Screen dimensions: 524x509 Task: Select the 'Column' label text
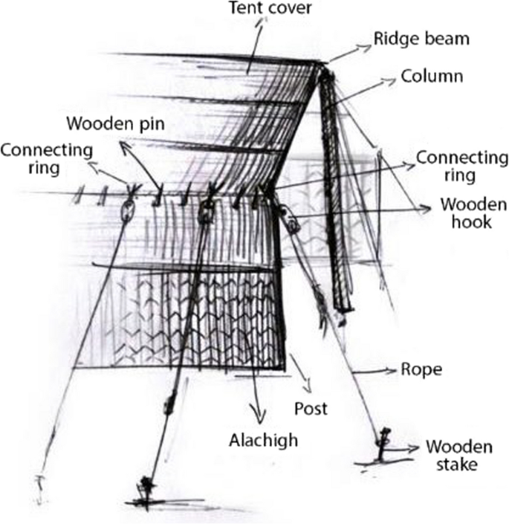(431, 77)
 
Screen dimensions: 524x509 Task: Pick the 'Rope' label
(421, 369)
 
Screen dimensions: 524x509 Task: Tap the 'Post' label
(311, 408)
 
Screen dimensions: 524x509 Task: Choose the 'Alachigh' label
(262, 440)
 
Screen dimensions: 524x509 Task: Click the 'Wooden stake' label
(458, 456)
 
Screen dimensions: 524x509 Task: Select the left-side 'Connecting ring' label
(46, 158)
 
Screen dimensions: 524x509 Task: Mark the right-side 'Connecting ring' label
(462, 166)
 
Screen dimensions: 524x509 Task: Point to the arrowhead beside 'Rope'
(392, 369)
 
